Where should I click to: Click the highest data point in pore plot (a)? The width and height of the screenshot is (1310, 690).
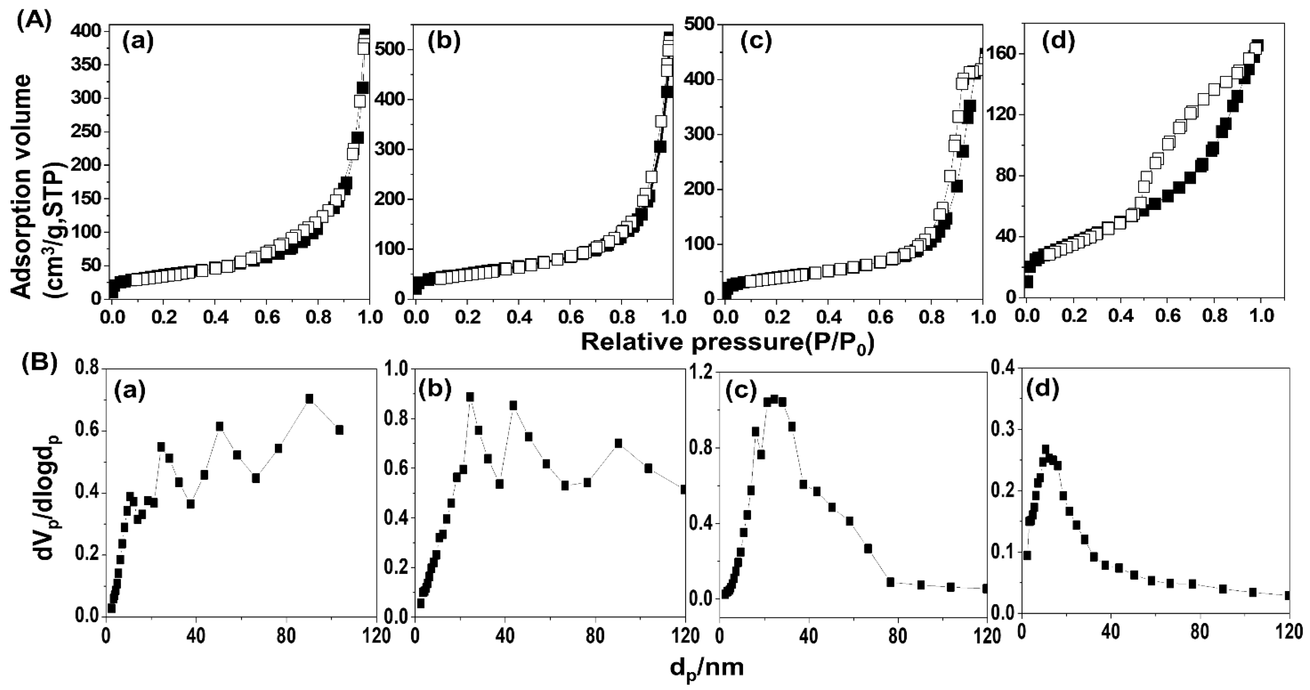(309, 399)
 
